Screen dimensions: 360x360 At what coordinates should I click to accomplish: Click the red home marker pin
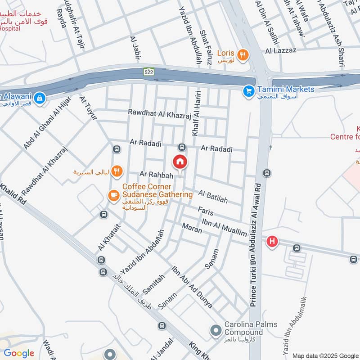pos(180,162)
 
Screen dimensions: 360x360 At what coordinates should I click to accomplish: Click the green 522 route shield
pos(149,72)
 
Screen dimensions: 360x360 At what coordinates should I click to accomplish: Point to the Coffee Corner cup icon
pos(113,195)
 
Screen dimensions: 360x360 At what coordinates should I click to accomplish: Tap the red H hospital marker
pos(272,242)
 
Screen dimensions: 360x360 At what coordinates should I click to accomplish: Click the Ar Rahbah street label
pos(153,174)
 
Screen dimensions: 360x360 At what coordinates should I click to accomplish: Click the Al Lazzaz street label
pos(281,50)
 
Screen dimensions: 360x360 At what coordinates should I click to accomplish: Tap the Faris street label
pos(205,211)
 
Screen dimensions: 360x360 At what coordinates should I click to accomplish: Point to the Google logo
pos(19,353)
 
